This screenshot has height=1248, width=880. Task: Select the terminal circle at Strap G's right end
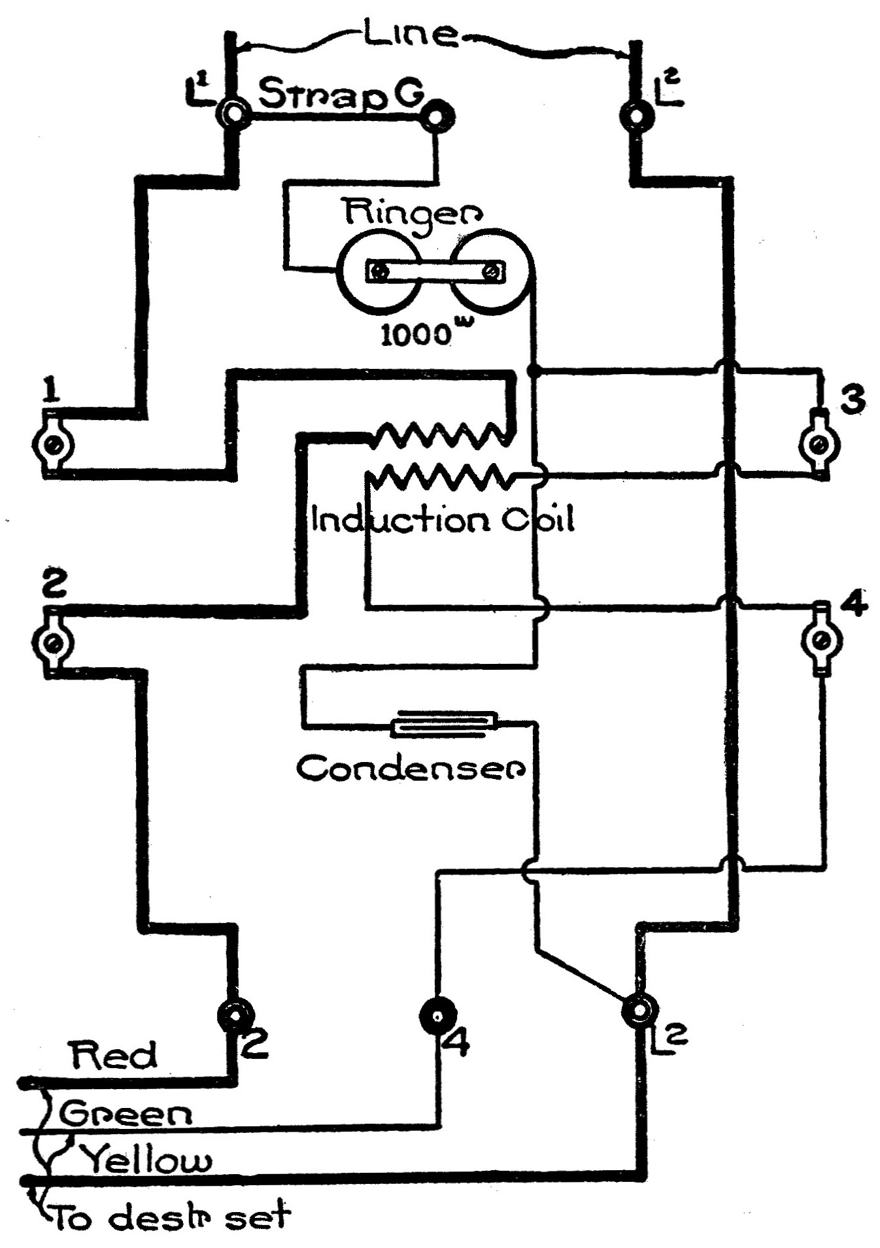coord(437,118)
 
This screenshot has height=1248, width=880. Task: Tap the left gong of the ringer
coord(377,270)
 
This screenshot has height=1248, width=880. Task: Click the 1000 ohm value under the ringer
coord(418,334)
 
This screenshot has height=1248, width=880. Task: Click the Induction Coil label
coord(442,520)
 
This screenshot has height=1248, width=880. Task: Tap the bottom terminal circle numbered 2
coord(235,1016)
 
